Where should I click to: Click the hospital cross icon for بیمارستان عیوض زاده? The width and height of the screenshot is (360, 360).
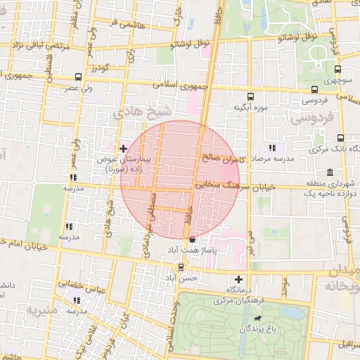point(124,148)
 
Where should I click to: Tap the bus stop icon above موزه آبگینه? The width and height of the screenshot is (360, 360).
point(250,96)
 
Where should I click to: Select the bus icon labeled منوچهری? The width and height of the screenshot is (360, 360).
point(338,70)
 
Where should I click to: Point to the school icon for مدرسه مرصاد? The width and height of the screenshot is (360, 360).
point(271,148)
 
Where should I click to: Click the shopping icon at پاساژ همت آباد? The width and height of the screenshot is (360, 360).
point(192,240)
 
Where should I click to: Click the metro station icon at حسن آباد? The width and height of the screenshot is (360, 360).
point(181,266)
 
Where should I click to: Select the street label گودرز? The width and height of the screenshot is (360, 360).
point(99,68)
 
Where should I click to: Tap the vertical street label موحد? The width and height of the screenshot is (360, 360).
point(285,285)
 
